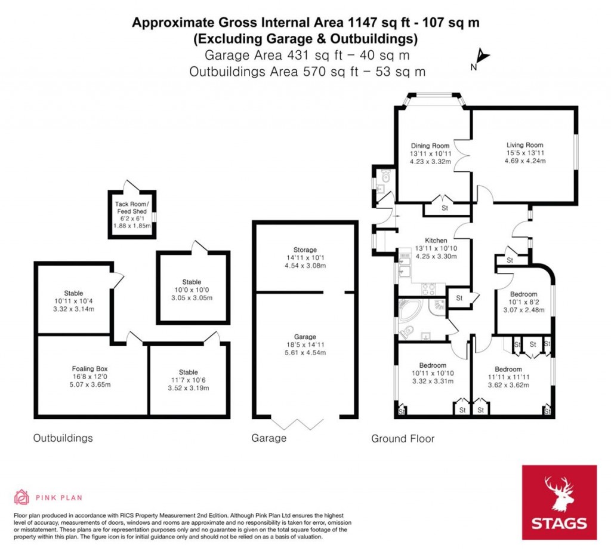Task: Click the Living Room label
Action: point(524,145)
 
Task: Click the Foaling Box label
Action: point(91,368)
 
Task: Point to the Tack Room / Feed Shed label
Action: point(131,208)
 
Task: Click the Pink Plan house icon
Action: point(21,497)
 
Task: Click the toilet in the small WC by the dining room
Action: point(385,177)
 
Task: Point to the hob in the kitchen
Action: point(428,290)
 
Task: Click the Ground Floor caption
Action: point(403,439)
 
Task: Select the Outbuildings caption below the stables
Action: point(63,438)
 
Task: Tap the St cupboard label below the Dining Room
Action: point(445,208)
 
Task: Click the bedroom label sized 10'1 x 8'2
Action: point(523,294)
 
